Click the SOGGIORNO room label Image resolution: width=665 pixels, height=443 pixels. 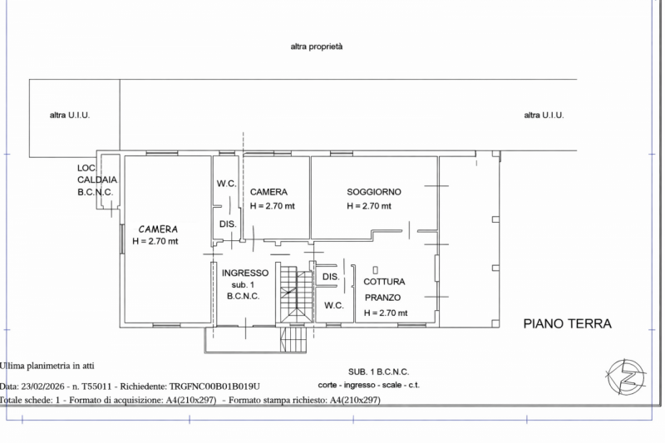[373, 192]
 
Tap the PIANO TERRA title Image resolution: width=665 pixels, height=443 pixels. [567, 323]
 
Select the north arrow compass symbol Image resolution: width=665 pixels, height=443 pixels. [626, 377]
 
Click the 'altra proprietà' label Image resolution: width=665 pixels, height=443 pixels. [317, 47]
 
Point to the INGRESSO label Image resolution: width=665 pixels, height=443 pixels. [245, 273]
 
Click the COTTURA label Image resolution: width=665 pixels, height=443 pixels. [384, 282]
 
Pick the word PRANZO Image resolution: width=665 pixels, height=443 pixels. [382, 298]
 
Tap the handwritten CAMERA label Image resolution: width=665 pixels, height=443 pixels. [158, 229]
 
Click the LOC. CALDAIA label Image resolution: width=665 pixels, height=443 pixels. [97, 174]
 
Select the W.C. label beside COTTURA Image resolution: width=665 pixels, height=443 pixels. [334, 305]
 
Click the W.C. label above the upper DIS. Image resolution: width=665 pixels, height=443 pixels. [226, 184]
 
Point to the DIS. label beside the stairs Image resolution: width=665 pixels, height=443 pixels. [331, 277]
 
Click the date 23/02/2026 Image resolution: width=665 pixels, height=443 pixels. [43, 386]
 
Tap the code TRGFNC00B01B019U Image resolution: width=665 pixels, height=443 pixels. [214, 386]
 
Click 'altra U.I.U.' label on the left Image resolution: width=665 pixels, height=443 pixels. [70, 115]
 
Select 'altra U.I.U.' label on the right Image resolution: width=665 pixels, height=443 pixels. [544, 115]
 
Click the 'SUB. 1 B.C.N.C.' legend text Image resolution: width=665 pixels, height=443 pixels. [378, 372]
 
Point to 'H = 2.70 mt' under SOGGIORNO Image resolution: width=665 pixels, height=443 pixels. [368, 206]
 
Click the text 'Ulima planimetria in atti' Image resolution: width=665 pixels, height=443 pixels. [47, 366]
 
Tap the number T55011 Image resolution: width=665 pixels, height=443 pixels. [98, 386]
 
